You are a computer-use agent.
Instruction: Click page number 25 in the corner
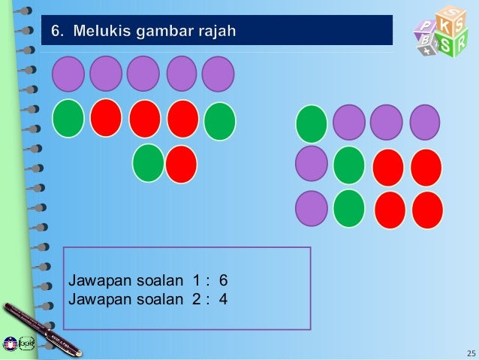[x=471, y=352]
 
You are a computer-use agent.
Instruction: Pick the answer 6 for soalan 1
[x=223, y=281]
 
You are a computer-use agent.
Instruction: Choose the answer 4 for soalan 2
[x=223, y=299]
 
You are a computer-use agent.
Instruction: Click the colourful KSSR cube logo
[x=440, y=32]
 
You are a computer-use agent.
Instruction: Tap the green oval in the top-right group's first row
[x=312, y=123]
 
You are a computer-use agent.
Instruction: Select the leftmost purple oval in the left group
[x=68, y=74]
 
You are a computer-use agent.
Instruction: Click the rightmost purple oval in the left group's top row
[x=218, y=74]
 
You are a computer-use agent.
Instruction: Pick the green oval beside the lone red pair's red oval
[x=149, y=163]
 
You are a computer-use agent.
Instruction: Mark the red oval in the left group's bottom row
[x=181, y=164]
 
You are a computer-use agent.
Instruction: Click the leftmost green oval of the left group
[x=68, y=119]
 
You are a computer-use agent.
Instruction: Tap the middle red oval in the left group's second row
[x=145, y=119]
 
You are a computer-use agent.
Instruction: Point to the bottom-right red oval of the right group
[x=428, y=210]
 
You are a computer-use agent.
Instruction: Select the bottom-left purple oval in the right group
[x=311, y=208]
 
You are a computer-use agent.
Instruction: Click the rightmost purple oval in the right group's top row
[x=425, y=122]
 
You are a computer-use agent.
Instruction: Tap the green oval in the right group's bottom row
[x=349, y=208]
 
